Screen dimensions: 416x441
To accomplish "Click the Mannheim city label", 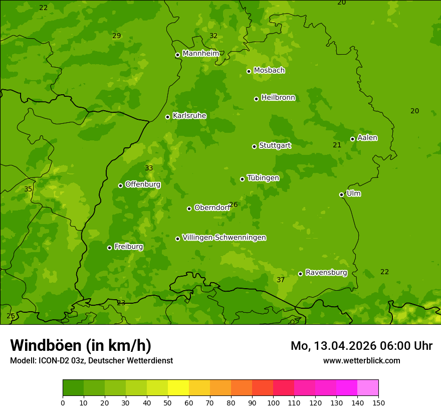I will click(200, 54).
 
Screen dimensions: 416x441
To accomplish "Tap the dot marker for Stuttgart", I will click(254, 146).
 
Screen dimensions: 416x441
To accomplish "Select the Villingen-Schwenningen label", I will click(224, 238).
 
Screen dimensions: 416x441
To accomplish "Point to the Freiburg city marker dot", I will click(109, 248).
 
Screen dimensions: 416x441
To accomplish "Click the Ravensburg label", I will click(326, 273).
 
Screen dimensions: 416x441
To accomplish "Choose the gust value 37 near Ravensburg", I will click(281, 280).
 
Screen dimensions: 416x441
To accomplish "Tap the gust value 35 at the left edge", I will click(28, 189).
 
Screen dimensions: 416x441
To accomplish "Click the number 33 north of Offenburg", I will click(149, 168).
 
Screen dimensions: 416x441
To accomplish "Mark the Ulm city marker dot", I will click(342, 194).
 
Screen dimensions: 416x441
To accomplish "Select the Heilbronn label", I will click(278, 98).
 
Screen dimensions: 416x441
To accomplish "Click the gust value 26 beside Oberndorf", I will click(233, 204).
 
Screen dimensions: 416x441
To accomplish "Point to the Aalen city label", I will click(367, 138).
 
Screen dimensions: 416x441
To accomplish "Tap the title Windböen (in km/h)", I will click(81, 345).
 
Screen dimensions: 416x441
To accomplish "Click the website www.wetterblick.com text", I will click(361, 360).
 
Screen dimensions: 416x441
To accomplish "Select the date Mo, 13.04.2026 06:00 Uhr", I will click(361, 346).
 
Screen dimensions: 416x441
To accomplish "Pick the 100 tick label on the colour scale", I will click(273, 402).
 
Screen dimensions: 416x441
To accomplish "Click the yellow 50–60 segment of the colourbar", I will click(178, 388).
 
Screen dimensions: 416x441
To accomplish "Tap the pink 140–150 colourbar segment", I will click(368, 388).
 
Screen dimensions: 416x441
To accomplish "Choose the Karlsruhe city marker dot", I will click(167, 117).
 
